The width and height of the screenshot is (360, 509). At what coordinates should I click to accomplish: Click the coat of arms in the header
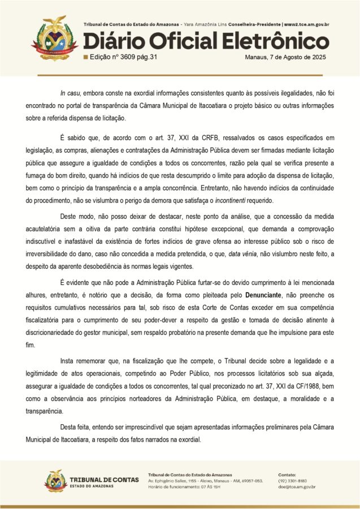click(54, 37)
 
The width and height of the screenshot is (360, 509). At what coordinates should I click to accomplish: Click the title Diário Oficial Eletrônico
click(206, 41)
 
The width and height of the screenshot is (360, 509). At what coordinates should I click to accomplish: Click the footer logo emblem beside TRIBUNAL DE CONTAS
click(55, 481)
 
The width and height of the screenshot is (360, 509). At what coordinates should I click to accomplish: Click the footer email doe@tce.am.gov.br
click(297, 487)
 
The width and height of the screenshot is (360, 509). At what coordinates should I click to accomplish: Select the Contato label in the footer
click(287, 474)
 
